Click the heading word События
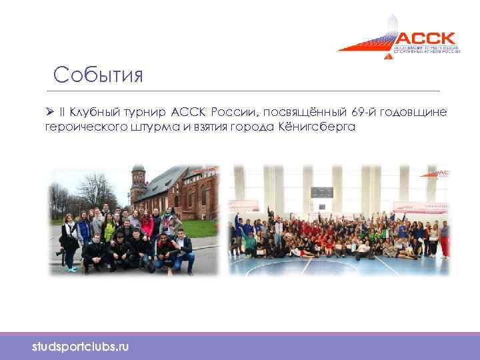(x=99, y=74)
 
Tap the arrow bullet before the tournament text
(x=49, y=111)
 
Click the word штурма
(x=155, y=127)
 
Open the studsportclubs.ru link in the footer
(x=81, y=347)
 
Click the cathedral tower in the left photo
(x=137, y=183)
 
